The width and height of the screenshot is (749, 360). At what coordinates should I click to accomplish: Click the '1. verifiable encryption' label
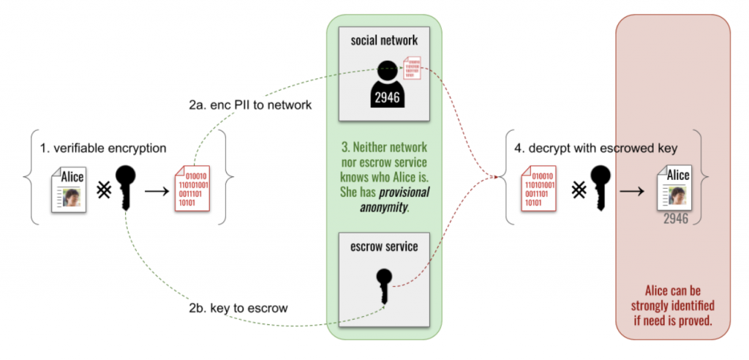point(103,148)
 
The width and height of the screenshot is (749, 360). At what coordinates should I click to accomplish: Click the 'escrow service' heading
point(385,246)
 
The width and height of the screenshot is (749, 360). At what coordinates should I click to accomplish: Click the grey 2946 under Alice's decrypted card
point(676,217)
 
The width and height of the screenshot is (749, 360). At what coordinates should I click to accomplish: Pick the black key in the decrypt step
point(600,187)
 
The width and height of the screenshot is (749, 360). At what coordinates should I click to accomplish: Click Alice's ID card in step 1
point(67,189)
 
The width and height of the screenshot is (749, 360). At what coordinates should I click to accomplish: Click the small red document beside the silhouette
point(413,68)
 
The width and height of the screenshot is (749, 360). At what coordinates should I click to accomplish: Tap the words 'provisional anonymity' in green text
point(385,199)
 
